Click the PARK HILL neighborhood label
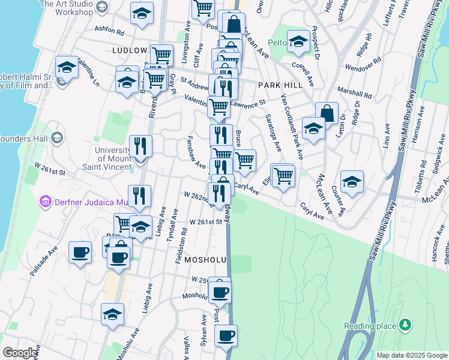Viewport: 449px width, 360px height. coord(278,85)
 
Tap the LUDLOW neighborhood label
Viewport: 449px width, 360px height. coord(129,50)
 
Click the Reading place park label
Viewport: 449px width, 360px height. coord(370,326)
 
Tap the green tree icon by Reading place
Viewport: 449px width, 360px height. coord(406,325)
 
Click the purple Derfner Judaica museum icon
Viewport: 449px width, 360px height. coord(44,200)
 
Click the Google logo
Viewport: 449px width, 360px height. coord(20,353)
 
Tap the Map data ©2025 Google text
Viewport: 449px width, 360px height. coord(411,355)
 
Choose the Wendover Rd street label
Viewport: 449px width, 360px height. coord(360,64)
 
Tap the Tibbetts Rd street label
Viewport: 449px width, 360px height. coord(421,178)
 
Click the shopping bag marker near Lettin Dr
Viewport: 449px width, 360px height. coord(327,113)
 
